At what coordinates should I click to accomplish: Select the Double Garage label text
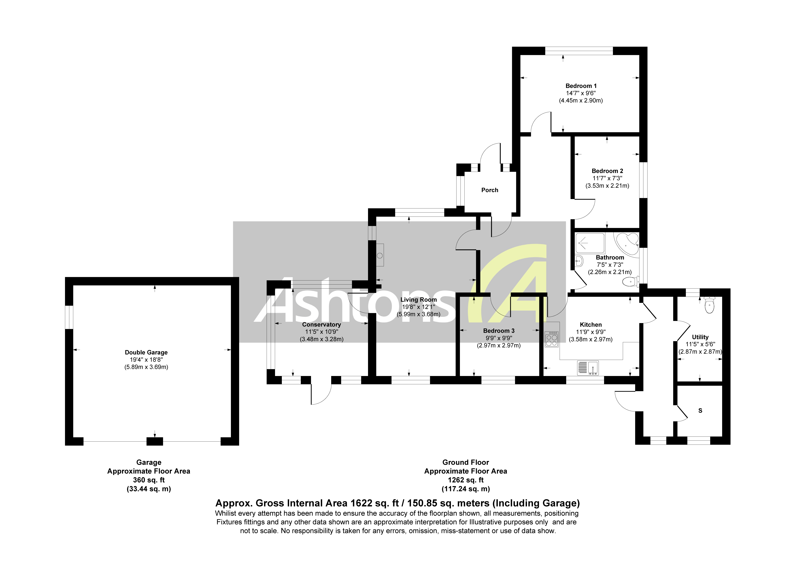pos(146,352)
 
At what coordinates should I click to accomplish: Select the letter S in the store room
pos(700,411)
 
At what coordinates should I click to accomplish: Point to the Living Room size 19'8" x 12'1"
pos(418,307)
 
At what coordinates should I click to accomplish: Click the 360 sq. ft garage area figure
pos(149,480)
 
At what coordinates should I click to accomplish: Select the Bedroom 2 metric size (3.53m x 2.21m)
pos(607,186)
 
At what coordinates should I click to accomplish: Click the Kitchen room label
pos(591,324)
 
